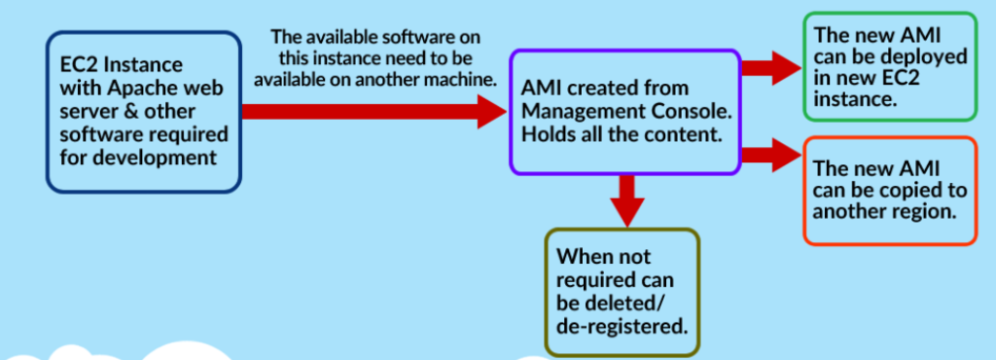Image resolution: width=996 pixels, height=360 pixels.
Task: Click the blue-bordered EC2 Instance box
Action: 143,112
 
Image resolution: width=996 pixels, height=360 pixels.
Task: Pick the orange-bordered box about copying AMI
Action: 889,189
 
